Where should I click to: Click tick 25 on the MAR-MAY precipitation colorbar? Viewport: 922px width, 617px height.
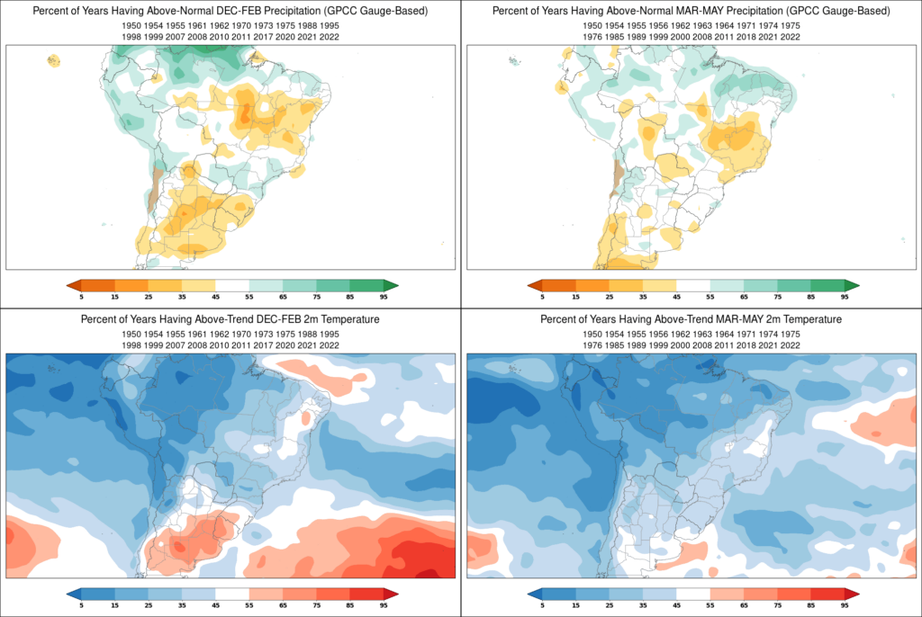tap(609, 296)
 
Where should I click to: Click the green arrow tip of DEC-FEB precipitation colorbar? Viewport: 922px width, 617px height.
tap(393, 285)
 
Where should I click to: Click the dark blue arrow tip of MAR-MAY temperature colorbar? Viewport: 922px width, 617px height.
tap(533, 594)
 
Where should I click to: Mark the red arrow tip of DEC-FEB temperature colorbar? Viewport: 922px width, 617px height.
tap(393, 594)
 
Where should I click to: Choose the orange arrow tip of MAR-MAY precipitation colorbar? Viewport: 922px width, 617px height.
tap(533, 285)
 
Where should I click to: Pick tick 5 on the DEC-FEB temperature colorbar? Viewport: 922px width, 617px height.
tap(81, 604)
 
